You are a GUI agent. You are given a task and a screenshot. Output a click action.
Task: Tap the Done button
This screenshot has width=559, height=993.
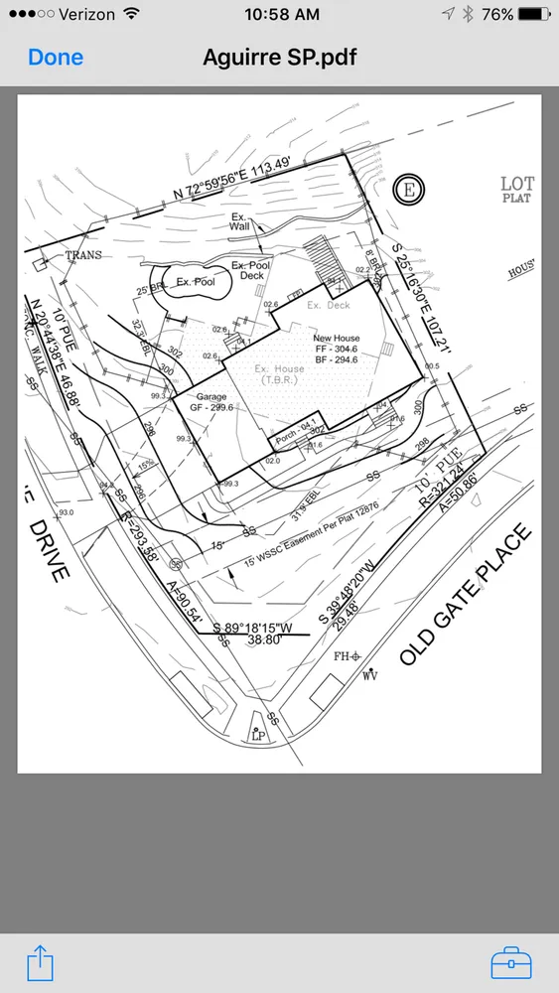(56, 57)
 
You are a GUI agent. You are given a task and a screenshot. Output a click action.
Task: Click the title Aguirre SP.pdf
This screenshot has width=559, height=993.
(279, 57)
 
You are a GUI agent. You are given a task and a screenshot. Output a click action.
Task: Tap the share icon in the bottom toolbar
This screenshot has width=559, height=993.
(39, 963)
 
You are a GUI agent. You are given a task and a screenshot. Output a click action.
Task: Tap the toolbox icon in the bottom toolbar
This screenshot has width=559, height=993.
(511, 963)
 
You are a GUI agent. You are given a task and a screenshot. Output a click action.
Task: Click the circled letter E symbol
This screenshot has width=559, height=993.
(406, 190)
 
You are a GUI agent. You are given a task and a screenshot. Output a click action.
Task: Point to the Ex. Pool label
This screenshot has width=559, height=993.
(196, 283)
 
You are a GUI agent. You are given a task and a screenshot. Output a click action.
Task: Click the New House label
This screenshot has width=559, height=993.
(336, 339)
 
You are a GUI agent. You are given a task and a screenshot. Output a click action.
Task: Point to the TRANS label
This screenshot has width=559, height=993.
(82, 255)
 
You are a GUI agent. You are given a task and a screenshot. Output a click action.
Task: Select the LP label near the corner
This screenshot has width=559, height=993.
(258, 736)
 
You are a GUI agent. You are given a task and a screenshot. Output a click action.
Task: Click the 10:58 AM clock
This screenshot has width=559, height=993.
(281, 15)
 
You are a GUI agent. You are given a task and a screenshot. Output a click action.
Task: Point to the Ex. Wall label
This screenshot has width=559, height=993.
(239, 221)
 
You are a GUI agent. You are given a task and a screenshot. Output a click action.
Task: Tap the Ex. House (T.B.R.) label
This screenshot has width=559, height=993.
(283, 374)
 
